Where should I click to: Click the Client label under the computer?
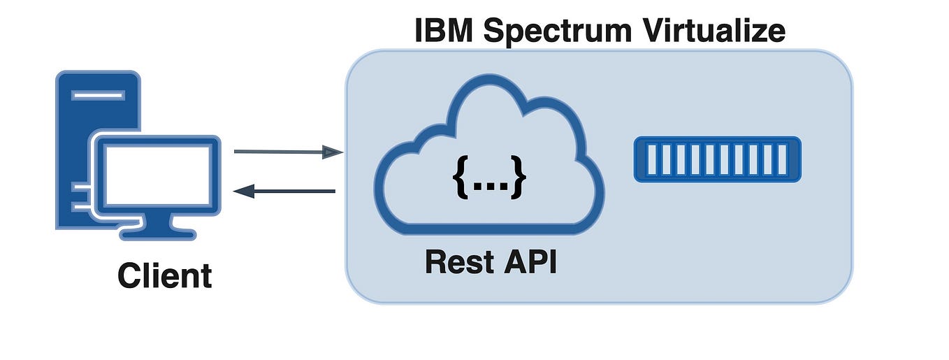[x=164, y=275]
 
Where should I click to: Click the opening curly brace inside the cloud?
[x=461, y=179]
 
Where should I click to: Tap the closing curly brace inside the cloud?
[x=517, y=179]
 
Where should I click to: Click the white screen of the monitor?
[x=158, y=175]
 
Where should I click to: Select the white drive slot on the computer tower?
[x=98, y=94]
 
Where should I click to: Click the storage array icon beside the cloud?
[x=718, y=159]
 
